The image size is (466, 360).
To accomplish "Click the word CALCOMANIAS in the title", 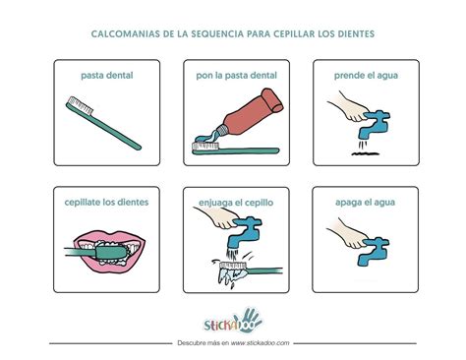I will (120, 33).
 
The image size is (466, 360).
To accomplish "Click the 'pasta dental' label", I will (107, 75).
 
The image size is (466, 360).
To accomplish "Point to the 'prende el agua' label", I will (366, 75).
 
